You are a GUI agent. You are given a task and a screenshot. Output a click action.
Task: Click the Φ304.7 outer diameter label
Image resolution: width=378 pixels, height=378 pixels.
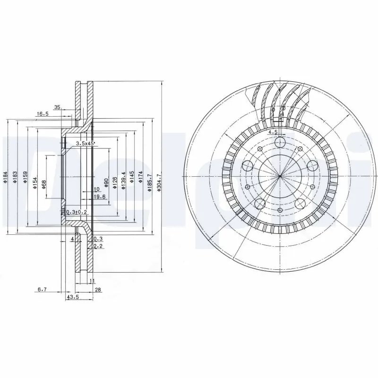(159, 182)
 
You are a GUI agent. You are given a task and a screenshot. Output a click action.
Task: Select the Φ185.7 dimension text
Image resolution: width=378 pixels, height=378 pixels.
(149, 182)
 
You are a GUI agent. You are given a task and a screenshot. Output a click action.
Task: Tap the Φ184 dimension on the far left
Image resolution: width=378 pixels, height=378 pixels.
(4, 177)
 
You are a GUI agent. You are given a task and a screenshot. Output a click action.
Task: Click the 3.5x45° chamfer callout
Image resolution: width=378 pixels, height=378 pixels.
(86, 142)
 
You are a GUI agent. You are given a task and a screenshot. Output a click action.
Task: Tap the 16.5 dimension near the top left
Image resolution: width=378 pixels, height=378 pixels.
(43, 114)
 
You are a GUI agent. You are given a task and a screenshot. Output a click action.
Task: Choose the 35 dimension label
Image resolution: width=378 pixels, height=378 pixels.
(57, 108)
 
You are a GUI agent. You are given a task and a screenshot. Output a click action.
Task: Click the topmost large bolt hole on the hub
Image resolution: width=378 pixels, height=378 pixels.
(280, 143)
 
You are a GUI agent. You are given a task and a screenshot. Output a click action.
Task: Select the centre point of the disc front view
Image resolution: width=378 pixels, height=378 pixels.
(280, 177)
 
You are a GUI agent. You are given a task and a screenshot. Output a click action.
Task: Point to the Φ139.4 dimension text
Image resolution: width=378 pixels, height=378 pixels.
(123, 181)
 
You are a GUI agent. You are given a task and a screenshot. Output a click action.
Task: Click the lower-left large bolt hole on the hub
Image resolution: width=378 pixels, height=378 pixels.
(259, 204)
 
